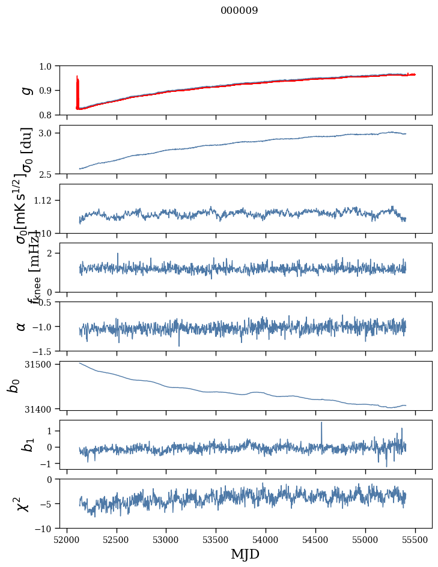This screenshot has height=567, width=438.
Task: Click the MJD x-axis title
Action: [x=246, y=554]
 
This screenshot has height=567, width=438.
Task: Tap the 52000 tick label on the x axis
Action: [x=67, y=539]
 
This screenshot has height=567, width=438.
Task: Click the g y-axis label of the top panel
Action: [x=25, y=90]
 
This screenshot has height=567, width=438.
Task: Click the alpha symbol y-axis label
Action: [x=22, y=326]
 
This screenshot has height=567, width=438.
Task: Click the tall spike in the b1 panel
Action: [x=321, y=423]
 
